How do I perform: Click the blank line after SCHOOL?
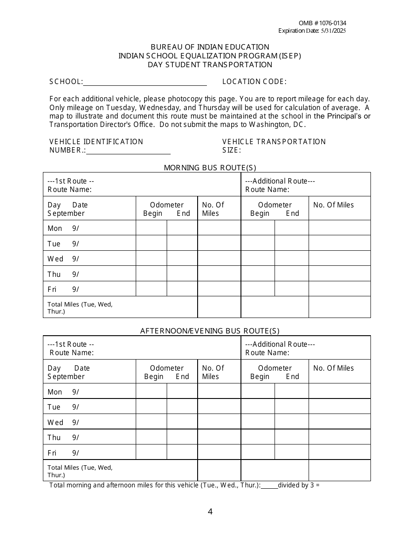tap(145, 82)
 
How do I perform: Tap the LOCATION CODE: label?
tap(254, 81)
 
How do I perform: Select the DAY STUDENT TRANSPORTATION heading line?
tap(210, 65)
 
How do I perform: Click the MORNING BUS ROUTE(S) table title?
tap(210, 168)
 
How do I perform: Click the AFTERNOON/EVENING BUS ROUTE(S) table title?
tap(210, 331)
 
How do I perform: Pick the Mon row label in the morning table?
tap(55, 229)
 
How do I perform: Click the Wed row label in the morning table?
tap(56, 259)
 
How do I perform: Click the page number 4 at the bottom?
tap(210, 512)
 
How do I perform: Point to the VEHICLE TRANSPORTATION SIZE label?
tap(274, 146)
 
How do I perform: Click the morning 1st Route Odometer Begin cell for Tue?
tap(151, 243)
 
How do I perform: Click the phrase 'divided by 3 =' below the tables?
tap(298, 485)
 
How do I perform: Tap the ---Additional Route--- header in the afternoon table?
tap(280, 344)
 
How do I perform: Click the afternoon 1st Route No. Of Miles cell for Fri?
tap(219, 452)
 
